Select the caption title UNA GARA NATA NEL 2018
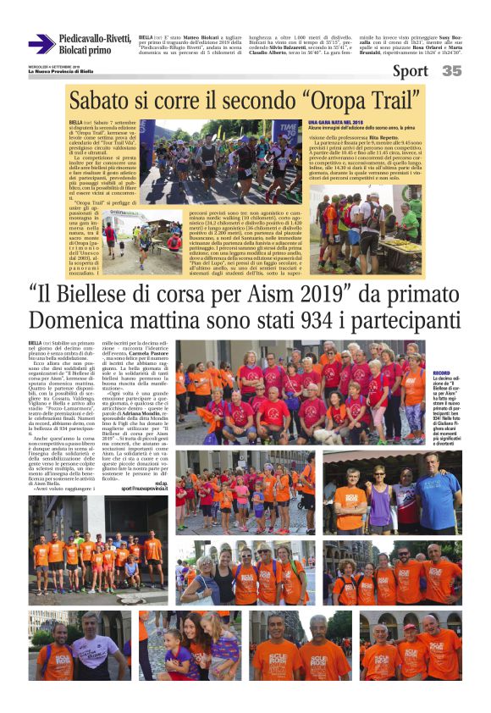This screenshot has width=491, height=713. pos(338,123)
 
